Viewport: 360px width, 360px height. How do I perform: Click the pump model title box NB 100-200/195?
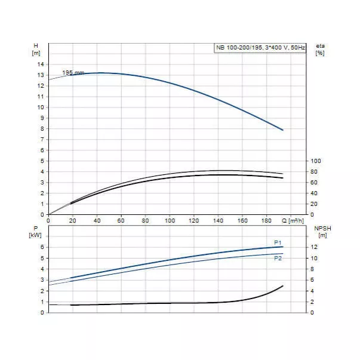(260, 48)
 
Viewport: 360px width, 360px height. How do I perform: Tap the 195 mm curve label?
(73, 72)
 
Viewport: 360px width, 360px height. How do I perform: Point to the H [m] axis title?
(36, 50)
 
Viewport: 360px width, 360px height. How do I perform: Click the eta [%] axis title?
(319, 50)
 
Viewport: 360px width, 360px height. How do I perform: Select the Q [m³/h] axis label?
(295, 220)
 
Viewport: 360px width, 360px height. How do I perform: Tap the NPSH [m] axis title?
(323, 232)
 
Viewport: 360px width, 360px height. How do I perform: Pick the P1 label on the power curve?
(277, 242)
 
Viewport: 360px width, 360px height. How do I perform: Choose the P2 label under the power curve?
(277, 258)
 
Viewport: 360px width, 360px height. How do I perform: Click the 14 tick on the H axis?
(41, 64)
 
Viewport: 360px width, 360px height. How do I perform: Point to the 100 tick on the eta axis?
(316, 161)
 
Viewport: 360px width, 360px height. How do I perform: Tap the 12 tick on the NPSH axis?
(315, 247)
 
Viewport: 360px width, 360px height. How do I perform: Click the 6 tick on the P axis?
(42, 247)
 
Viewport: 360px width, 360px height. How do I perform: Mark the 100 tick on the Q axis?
(170, 220)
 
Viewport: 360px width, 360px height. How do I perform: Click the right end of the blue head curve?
(282, 130)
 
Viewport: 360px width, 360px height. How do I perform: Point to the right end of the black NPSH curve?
(282, 286)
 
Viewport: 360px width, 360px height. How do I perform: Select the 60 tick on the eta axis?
(315, 182)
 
